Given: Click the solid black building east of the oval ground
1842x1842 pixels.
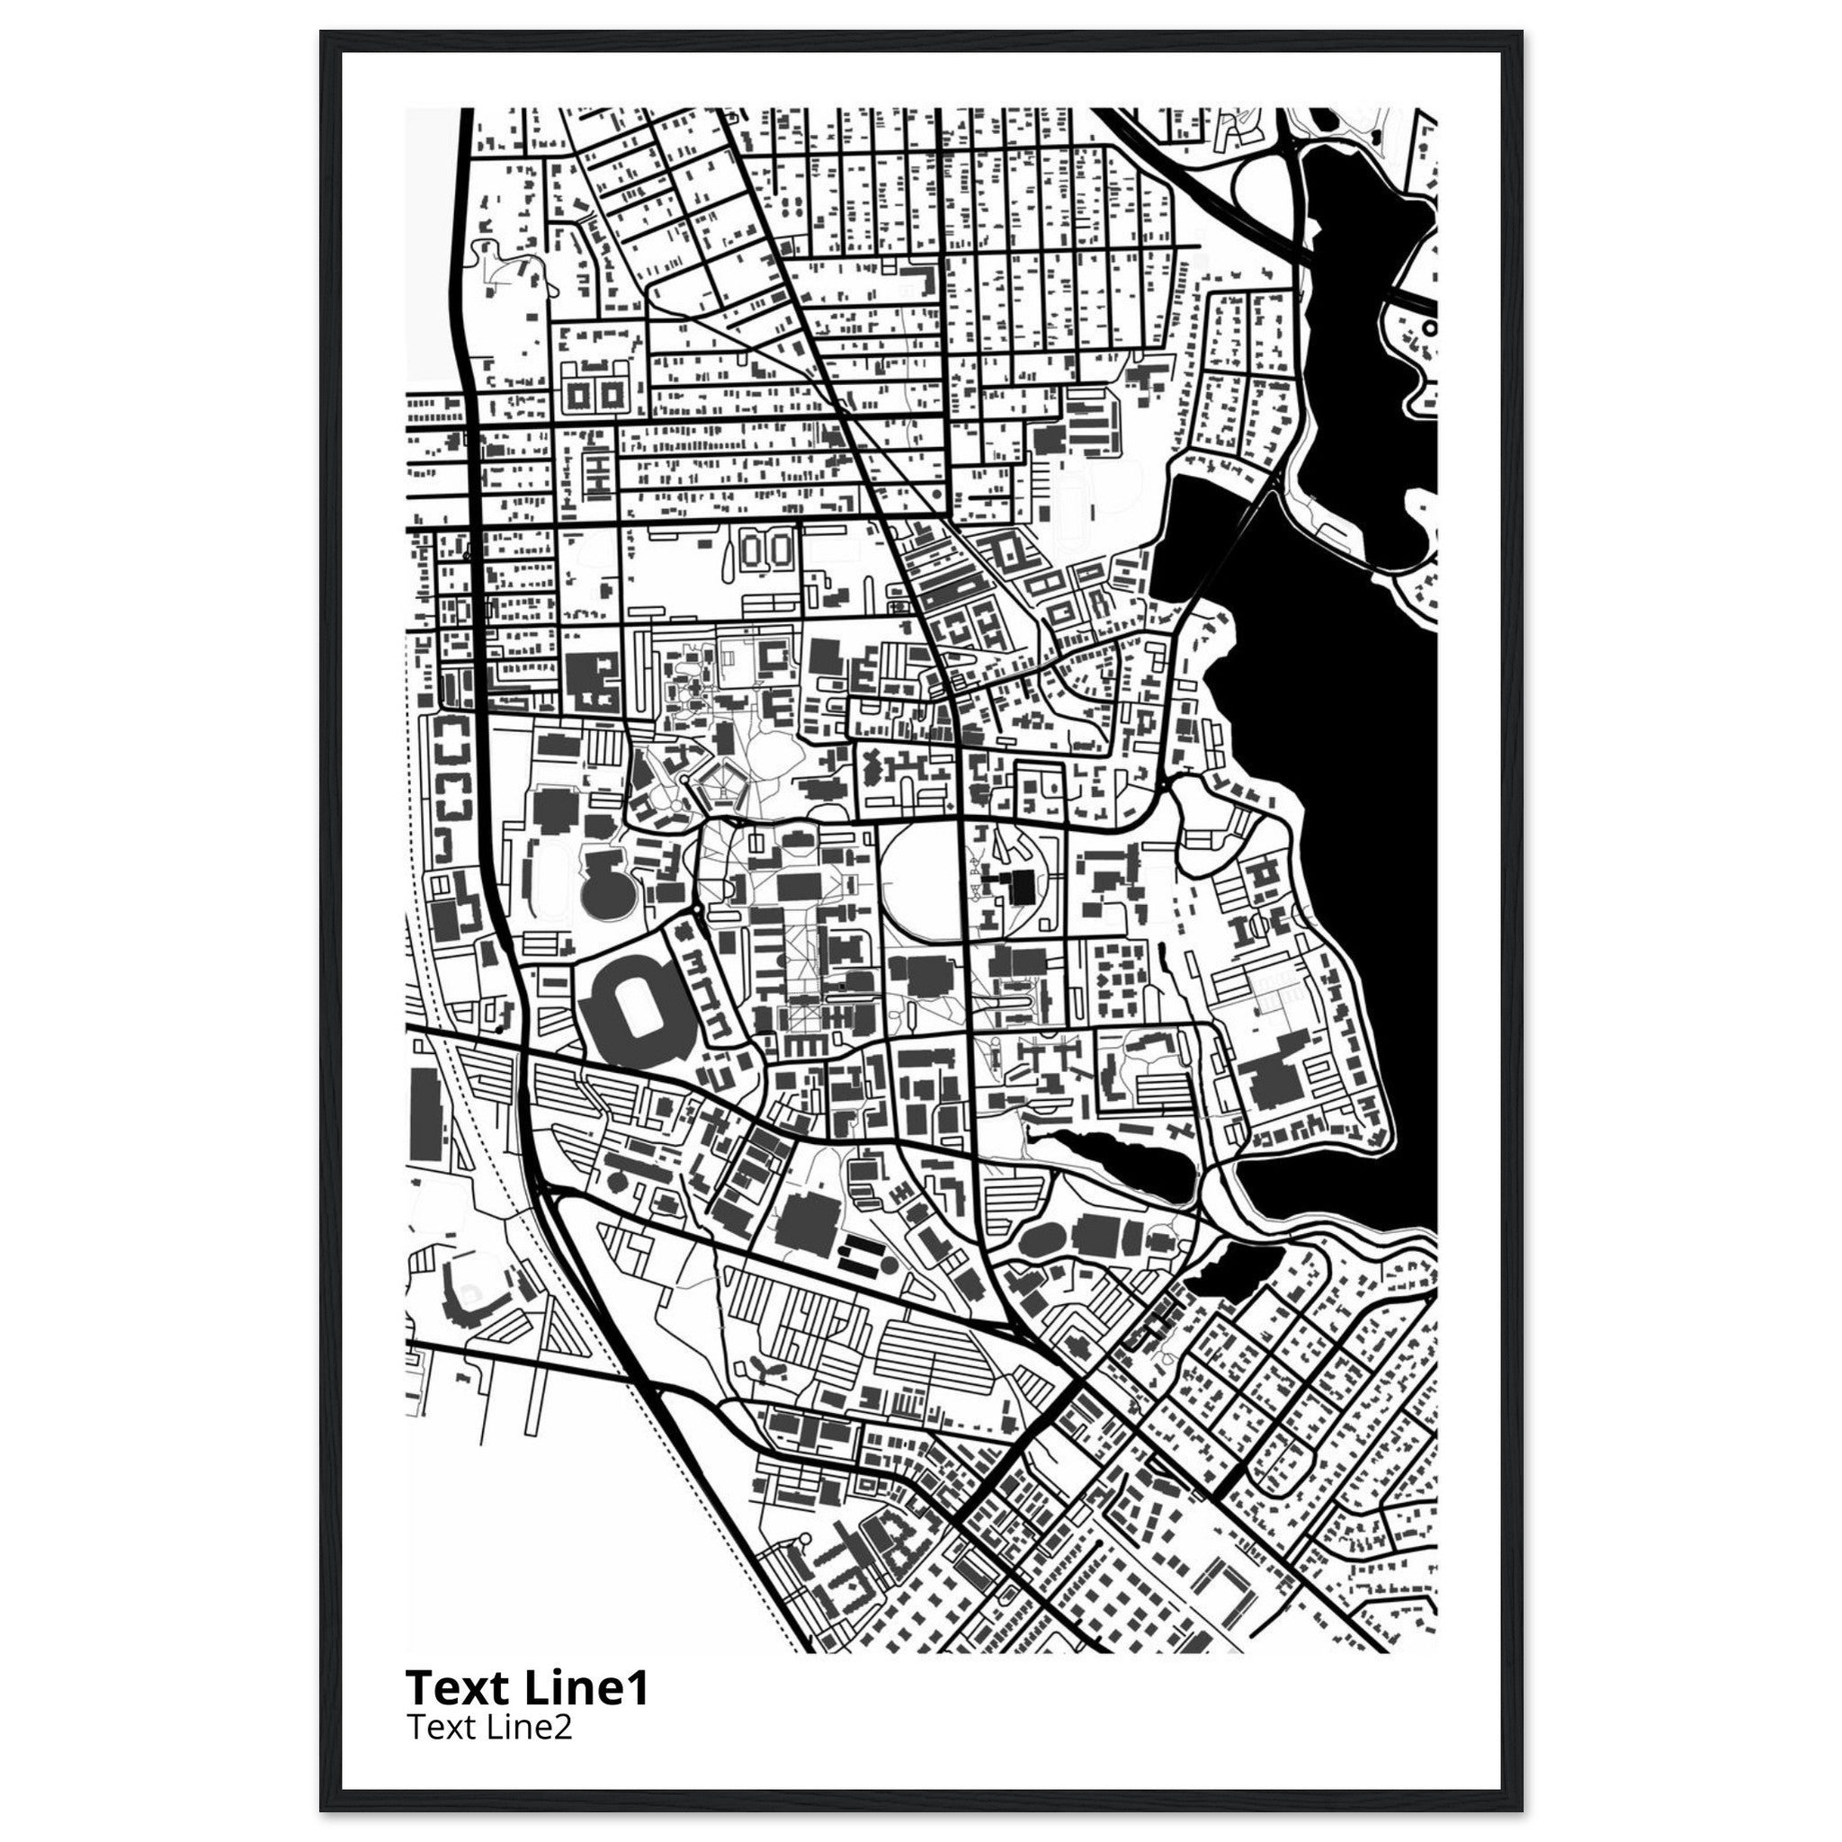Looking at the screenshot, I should (1021, 887).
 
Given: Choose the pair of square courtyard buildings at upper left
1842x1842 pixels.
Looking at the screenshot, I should (593, 393).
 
